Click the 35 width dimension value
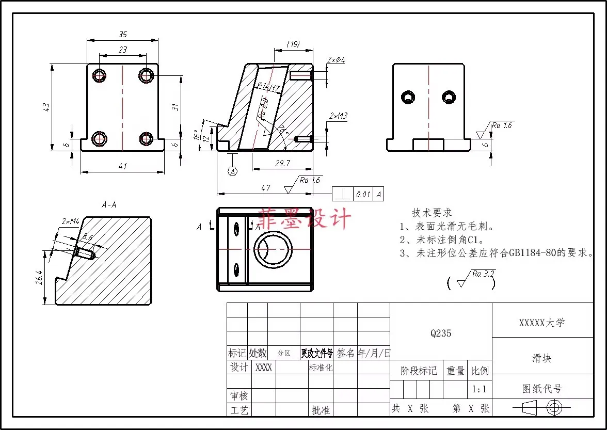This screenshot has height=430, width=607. coord(123,35)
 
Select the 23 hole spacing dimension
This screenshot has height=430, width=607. coord(123,50)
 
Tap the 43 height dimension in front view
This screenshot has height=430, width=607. coord(46,107)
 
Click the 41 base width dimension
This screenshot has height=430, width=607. coord(123,166)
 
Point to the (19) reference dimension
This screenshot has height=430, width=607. coord(293,45)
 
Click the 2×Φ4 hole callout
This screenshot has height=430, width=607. coord(336,60)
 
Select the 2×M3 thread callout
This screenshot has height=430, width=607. coord(338,116)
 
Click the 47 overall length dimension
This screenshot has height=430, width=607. coord(265,188)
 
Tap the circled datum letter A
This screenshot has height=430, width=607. coord(233,171)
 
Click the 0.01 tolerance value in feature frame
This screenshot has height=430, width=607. coord(363,195)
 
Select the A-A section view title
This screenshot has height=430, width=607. coord(109,204)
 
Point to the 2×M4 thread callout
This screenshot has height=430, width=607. coord(70,221)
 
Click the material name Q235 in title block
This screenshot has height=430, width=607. coord(441,333)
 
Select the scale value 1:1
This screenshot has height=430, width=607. coord(480,389)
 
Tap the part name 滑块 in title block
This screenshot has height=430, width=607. coord(542,358)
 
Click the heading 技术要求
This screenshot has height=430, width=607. coord(432,213)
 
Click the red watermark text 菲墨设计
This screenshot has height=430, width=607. coord(304,219)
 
